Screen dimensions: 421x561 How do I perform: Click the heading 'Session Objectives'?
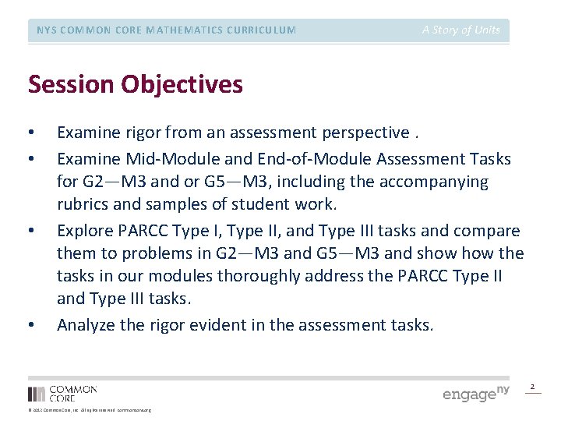tap(135, 84)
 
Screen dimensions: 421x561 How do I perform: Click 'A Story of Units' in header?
tap(461, 30)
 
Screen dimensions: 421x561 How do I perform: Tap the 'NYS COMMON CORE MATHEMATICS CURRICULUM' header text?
tap(166, 30)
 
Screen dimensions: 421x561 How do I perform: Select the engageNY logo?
tap(475, 392)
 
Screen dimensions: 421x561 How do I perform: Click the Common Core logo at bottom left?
tap(62, 393)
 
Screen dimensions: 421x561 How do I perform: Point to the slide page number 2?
tap(533, 387)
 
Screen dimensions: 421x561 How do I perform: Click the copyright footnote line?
tap(90, 410)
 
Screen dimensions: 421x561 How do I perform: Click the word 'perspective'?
tap(365, 133)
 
